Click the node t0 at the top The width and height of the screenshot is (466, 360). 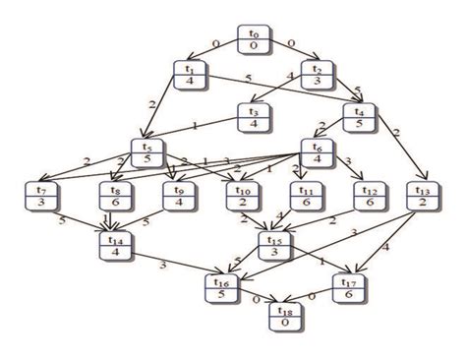coord(254,39)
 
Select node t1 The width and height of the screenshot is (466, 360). coord(191,75)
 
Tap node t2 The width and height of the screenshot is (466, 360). coord(317,75)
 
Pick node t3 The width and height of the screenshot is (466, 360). coord(254,117)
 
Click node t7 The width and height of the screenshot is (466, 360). coord(41,195)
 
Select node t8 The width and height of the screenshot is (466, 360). coord(116,195)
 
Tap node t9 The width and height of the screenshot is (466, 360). coord(180,195)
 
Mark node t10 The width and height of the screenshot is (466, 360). coord(242,195)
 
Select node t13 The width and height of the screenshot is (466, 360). coord(424,195)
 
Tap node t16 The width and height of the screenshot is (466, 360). coord(221,286)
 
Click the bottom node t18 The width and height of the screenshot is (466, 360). coord(286,316)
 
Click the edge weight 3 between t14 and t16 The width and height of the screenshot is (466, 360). coord(163,266)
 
